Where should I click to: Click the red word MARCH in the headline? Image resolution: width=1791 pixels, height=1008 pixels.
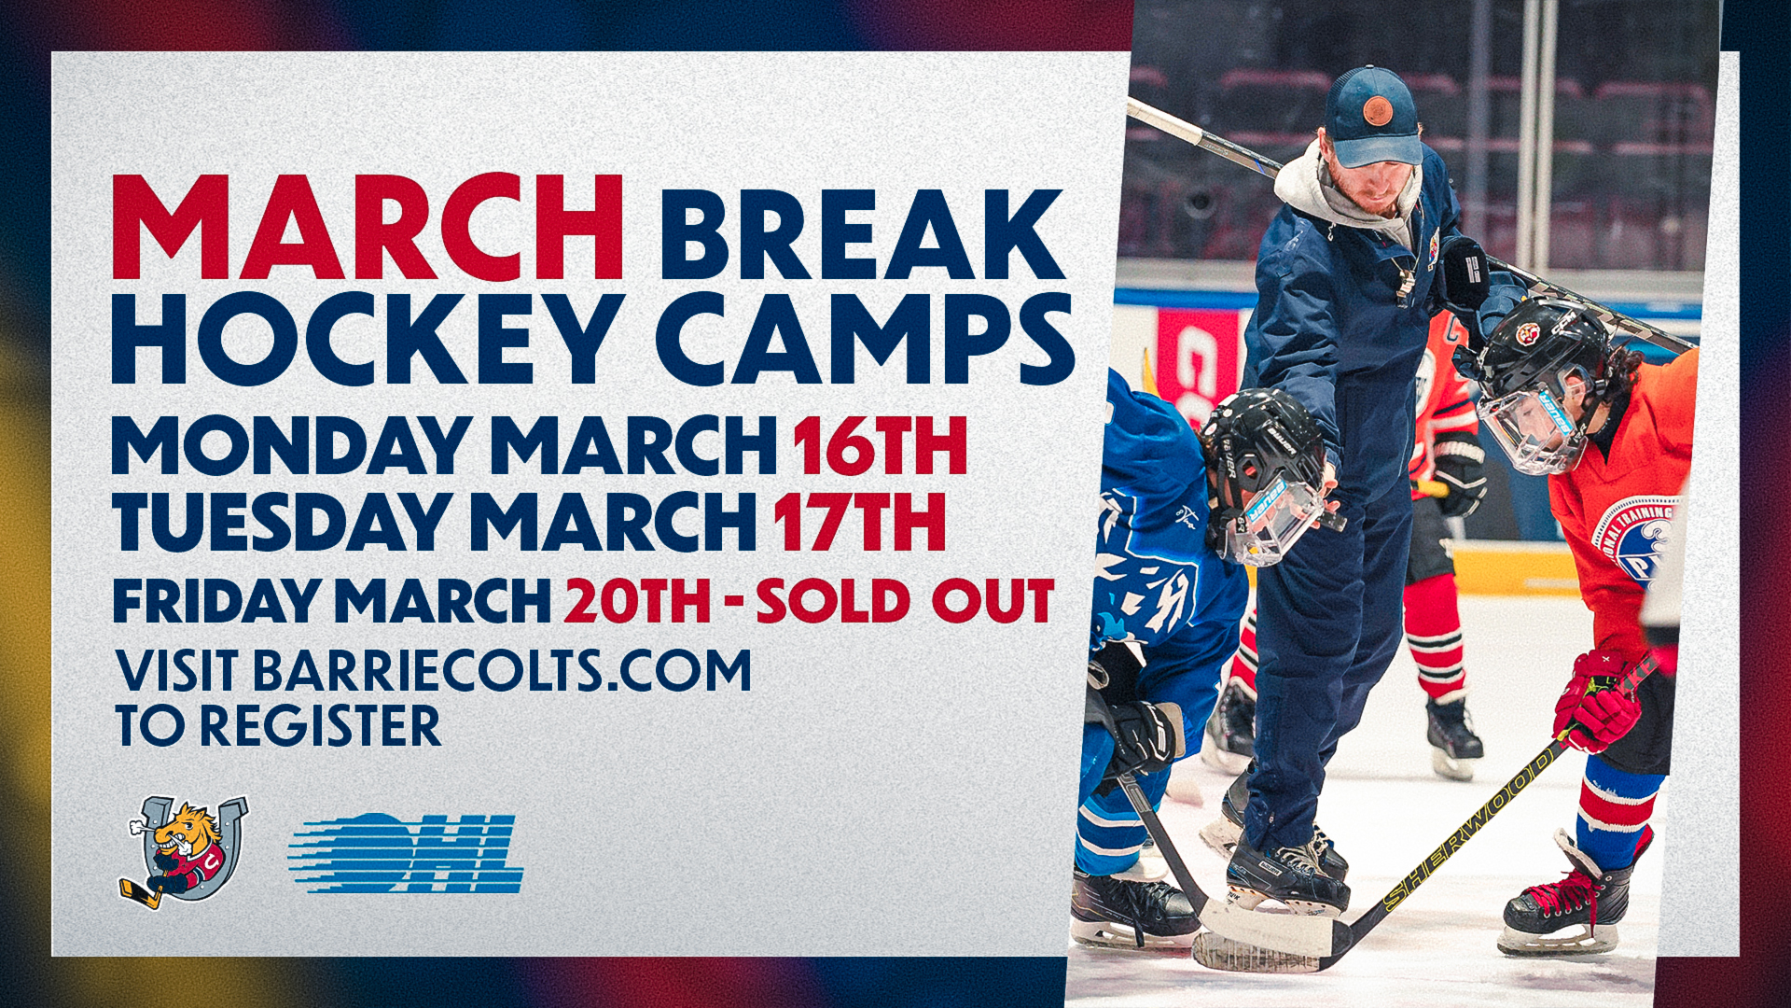(368, 229)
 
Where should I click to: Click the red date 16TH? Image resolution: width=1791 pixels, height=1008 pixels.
(879, 446)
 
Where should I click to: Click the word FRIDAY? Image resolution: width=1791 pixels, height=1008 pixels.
(218, 600)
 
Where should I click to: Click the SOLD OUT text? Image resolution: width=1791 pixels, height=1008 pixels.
(905, 600)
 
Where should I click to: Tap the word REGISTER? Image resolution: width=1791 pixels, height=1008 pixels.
(321, 726)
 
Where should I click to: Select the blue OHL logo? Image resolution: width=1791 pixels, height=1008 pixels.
(405, 852)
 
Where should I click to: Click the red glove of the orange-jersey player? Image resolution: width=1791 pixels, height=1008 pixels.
(1597, 699)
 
